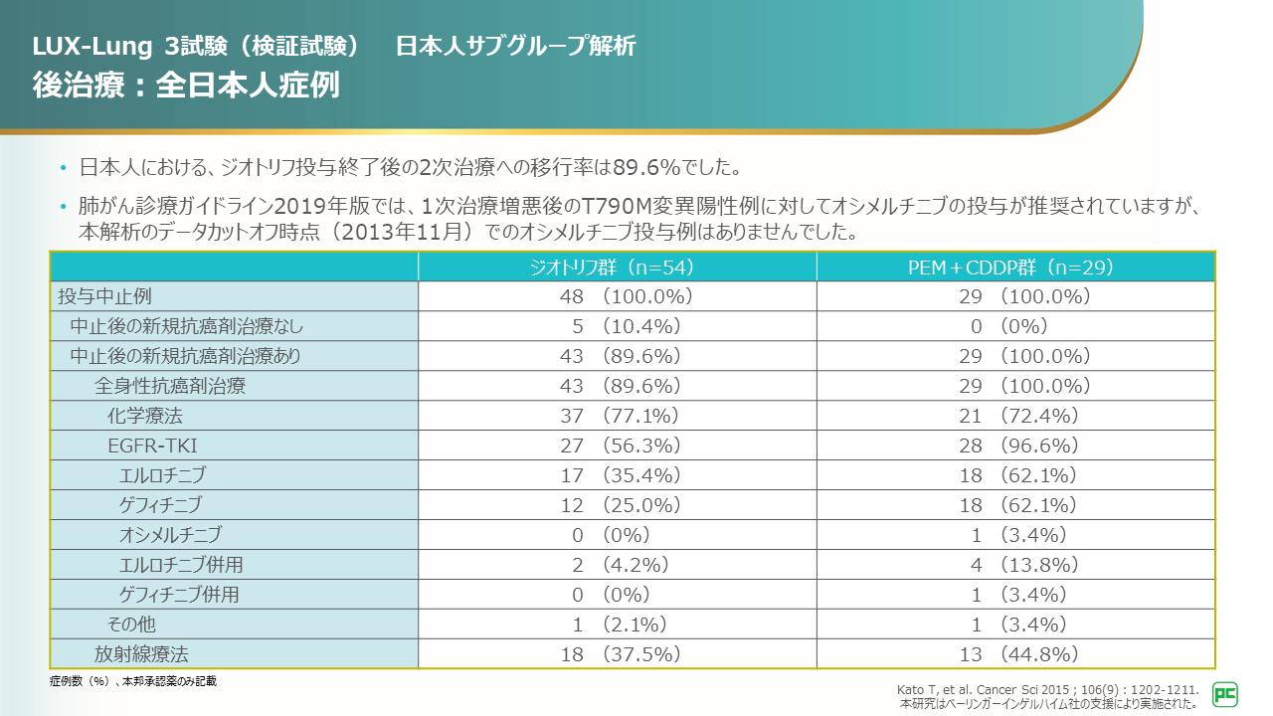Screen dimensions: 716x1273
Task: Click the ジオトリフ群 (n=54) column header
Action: point(617,268)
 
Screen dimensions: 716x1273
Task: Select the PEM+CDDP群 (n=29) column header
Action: point(1015,268)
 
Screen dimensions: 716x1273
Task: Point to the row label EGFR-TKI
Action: point(145,446)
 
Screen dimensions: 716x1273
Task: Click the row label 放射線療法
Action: point(141,654)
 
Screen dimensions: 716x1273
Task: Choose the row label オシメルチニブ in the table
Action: point(170,535)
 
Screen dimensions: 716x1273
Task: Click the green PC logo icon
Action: point(1224,694)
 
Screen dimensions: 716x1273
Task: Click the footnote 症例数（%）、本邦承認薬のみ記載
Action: point(132,681)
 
